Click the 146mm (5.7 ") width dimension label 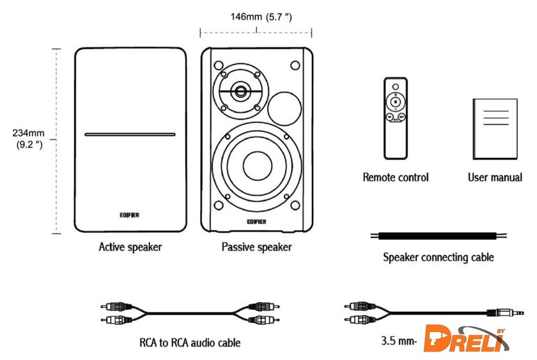click(261, 17)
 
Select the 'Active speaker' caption click(130, 246)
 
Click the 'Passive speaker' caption click(256, 246)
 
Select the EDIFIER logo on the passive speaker click(256, 221)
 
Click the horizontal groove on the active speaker click(130, 135)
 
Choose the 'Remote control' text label click(396, 177)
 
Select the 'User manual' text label click(495, 177)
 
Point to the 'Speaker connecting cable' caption click(438, 258)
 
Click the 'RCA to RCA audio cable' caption click(190, 343)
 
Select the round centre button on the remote click(396, 101)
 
